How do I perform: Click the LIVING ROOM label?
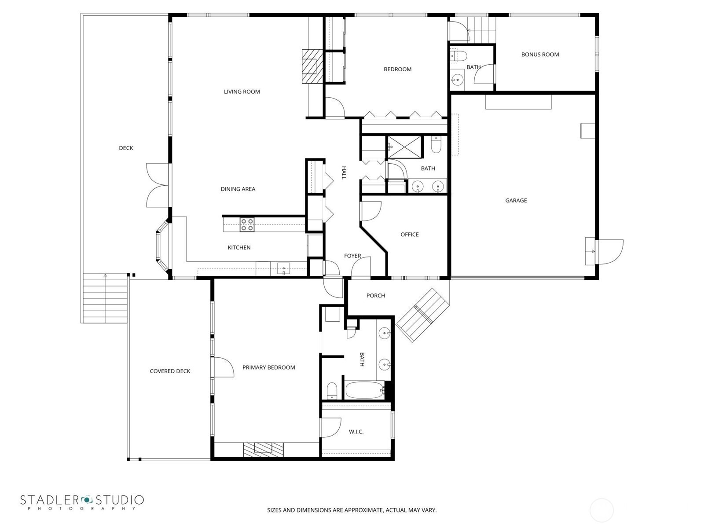(242, 92)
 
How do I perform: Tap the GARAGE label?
(516, 201)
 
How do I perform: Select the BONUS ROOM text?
(540, 55)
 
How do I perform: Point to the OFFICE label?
(410, 235)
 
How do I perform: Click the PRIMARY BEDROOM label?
(269, 367)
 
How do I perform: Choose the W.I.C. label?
(356, 432)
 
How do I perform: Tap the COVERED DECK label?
(170, 371)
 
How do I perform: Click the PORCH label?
(376, 296)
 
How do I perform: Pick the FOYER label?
(352, 256)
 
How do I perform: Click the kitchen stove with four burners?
(247, 224)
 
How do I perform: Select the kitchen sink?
(283, 269)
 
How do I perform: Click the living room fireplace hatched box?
(312, 66)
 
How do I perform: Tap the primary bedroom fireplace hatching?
(263, 450)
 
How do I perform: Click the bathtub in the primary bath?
(365, 390)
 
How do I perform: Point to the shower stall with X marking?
(404, 147)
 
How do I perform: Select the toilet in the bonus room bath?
(458, 55)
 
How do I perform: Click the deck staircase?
(105, 298)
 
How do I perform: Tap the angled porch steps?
(423, 315)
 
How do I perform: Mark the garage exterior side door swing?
(609, 252)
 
